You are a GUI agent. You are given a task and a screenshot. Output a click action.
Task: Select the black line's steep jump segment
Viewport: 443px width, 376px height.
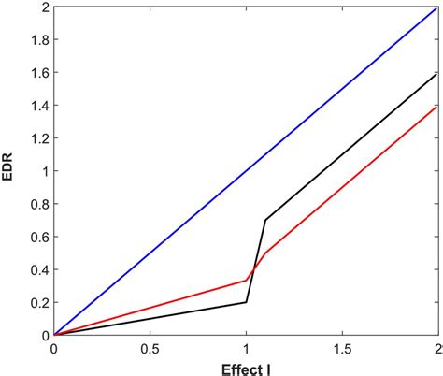click(x=256, y=261)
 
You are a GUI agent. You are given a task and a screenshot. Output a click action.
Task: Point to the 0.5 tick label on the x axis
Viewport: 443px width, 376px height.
click(x=149, y=347)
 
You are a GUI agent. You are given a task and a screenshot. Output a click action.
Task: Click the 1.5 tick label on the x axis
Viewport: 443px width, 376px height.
click(x=341, y=347)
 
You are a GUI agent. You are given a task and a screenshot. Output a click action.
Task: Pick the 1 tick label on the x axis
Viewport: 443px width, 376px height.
click(x=246, y=347)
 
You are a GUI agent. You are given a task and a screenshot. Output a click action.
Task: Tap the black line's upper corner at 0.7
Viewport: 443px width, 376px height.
click(x=265, y=220)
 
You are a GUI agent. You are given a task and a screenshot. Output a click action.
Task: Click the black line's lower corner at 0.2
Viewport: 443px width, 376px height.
click(x=246, y=302)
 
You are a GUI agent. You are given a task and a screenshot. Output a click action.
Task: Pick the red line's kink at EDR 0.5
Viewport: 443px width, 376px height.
click(x=265, y=253)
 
